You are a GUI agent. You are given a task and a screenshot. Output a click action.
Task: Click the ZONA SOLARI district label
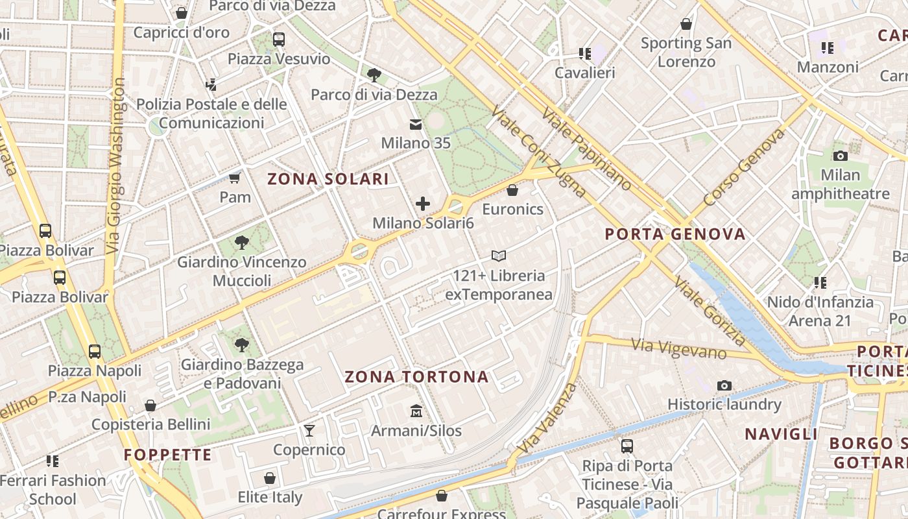coord(328,179)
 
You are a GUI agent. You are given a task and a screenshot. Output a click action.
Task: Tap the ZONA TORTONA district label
coord(416,377)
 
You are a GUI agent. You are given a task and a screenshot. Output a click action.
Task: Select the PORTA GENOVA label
coord(675,234)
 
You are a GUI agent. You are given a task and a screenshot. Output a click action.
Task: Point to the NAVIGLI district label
coord(781,434)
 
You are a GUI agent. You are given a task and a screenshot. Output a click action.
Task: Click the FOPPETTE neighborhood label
coord(168,455)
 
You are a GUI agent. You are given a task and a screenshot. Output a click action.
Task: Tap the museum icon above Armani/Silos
coord(416,411)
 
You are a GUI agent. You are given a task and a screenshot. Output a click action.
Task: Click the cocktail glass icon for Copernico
coord(309,430)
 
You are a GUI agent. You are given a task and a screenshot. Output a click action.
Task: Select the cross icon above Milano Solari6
coord(423,204)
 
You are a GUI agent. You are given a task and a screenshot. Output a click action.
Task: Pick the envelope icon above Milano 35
coord(415,125)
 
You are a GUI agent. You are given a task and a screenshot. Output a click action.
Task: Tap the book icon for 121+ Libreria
coord(498,256)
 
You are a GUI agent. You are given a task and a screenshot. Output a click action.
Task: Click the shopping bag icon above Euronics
coord(512,190)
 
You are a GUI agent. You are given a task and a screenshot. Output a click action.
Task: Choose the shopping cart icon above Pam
coord(234,178)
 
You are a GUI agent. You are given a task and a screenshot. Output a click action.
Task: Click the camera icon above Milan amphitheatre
coord(840,156)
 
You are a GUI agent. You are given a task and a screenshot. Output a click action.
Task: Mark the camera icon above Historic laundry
coord(724,385)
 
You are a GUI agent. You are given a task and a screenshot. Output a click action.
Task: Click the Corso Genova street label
coord(744,167)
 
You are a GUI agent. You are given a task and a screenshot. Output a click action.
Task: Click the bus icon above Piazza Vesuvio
coord(279,40)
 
